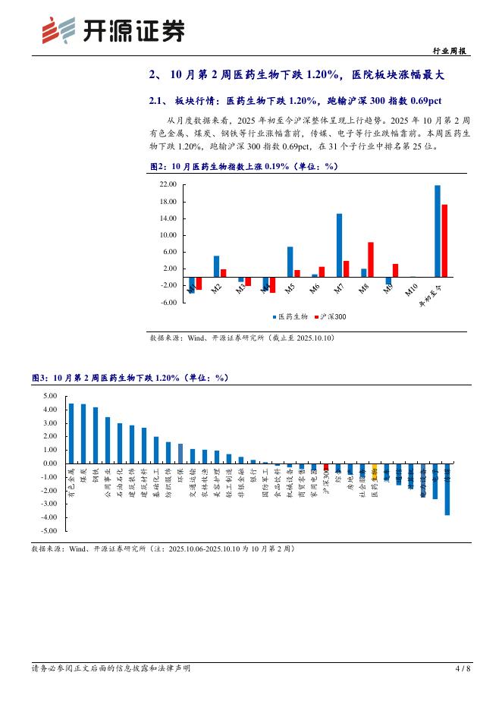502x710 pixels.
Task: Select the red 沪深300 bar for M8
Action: (371, 259)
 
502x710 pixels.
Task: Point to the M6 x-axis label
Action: (314, 289)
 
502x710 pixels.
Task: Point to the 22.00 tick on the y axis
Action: (168, 184)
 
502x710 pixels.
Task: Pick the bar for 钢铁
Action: (96, 435)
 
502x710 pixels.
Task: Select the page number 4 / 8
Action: (462, 668)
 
